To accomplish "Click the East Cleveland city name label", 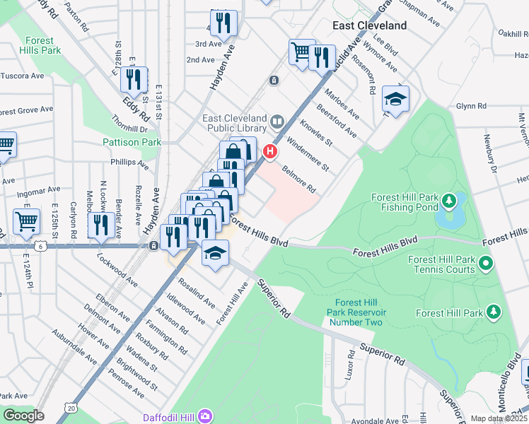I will (x=370, y=25).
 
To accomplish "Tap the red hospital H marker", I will (x=269, y=151).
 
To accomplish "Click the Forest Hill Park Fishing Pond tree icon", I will (x=448, y=203).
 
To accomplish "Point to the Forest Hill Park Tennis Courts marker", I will (x=486, y=265).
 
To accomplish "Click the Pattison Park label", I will (x=132, y=142).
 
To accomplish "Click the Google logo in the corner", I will (x=23, y=415).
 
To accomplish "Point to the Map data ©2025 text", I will (x=499, y=418).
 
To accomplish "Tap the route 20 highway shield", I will (x=69, y=408).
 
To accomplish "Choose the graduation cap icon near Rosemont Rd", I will (x=395, y=99).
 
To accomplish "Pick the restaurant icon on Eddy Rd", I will (x=134, y=80).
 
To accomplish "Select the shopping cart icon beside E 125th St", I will (x=26, y=220).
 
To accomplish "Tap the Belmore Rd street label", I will (x=298, y=180).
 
